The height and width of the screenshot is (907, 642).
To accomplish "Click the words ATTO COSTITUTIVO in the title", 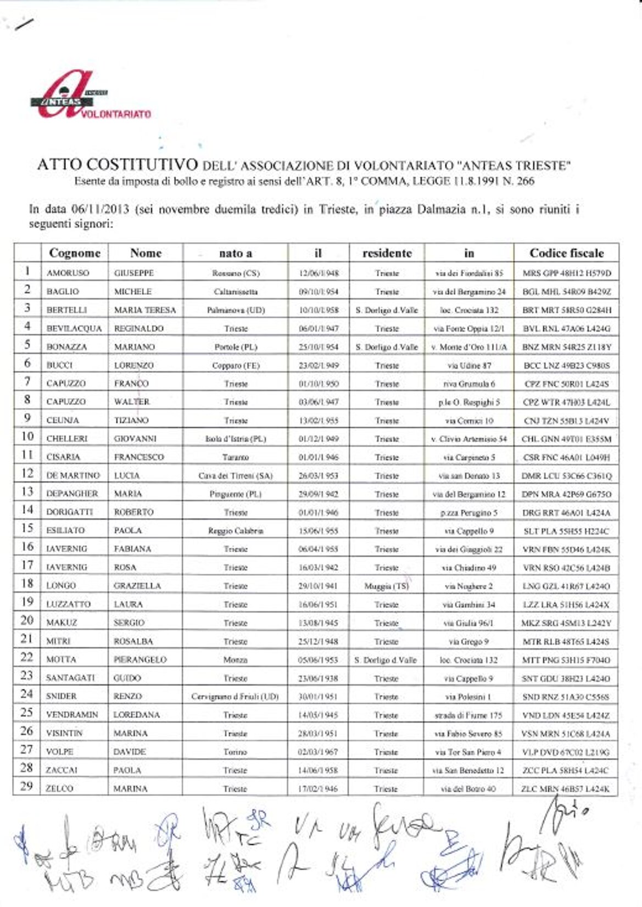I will point(117,165).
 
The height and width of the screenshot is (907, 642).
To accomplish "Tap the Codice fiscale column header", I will point(566,253).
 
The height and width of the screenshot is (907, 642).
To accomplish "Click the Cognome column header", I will point(75,253).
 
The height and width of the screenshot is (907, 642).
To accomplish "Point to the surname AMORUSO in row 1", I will point(68,273).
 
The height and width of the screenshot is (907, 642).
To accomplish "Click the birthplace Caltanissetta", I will point(235,292).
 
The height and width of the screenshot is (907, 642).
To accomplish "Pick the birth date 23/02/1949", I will point(319,365).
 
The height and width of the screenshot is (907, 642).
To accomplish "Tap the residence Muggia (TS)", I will point(387,586).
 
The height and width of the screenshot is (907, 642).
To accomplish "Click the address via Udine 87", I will point(469,365).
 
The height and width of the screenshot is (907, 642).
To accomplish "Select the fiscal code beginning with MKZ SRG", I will point(566,623).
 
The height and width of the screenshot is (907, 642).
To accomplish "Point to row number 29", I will point(26,786).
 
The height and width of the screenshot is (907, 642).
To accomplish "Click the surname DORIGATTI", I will point(69,512).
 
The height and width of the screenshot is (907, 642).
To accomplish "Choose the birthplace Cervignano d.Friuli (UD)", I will point(235,697).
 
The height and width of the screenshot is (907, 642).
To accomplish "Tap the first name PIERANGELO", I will point(140,659).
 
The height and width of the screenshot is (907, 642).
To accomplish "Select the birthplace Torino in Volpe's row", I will point(235,752).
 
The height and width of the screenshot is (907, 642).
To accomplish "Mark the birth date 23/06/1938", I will point(318,678).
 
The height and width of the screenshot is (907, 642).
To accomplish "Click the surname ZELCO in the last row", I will point(59,788).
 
